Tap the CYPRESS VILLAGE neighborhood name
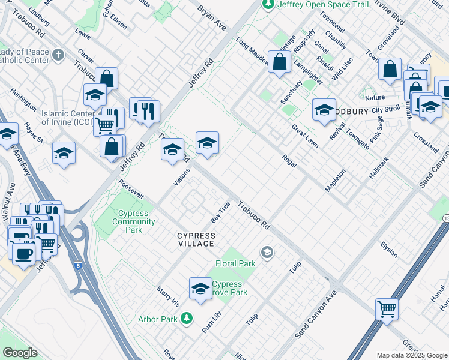pyautogui.click(x=196, y=239)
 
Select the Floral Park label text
pyautogui.click(x=235, y=263)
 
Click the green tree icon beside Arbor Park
pyautogui.click(x=187, y=317)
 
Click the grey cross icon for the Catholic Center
pyautogui.click(x=58, y=56)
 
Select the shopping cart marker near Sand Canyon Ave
pyautogui.click(x=387, y=310)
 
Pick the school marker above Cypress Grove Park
pyautogui.click(x=200, y=289)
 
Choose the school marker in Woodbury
pyautogui.click(x=324, y=109)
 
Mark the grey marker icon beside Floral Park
pyautogui.click(x=268, y=252)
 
